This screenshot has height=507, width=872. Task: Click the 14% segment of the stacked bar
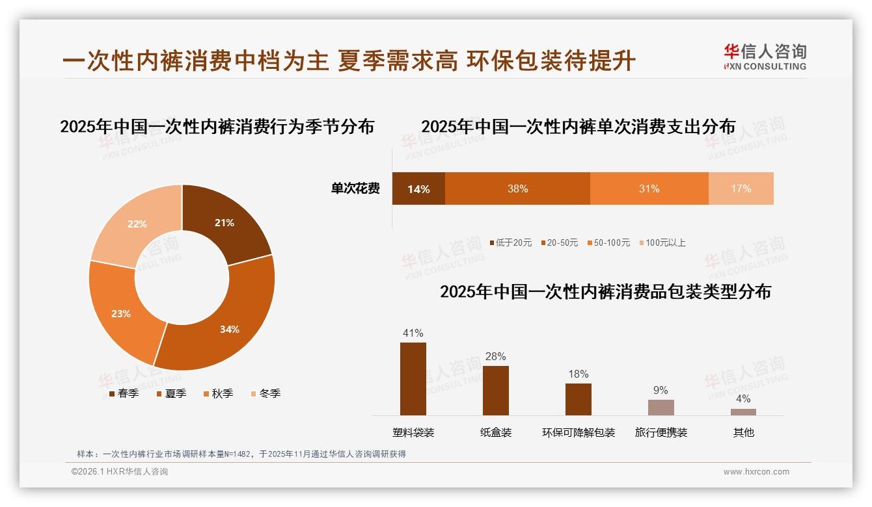418,189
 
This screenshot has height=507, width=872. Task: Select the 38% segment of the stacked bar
517,189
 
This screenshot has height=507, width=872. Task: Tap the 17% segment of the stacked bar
741,189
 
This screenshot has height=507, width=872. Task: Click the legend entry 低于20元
511,242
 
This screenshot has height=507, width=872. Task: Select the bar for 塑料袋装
413,379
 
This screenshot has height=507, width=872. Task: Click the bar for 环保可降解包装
578,399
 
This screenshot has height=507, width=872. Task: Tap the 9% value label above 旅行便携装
661,390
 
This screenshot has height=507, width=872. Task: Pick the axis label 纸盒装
496,432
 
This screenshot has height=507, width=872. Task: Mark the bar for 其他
743,411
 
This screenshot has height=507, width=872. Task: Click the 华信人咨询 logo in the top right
765,57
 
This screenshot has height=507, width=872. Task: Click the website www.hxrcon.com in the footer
756,472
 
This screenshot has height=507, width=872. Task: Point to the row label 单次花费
355,189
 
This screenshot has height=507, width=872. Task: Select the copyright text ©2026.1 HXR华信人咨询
120,472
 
